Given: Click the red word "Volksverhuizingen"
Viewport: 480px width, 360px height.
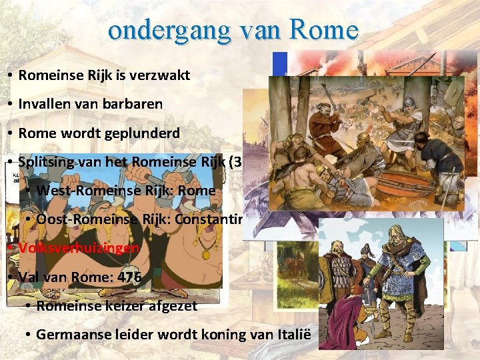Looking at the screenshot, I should pyautogui.click(x=79, y=248).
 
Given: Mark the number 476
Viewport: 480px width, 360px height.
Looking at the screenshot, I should pyautogui.click(x=127, y=277).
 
